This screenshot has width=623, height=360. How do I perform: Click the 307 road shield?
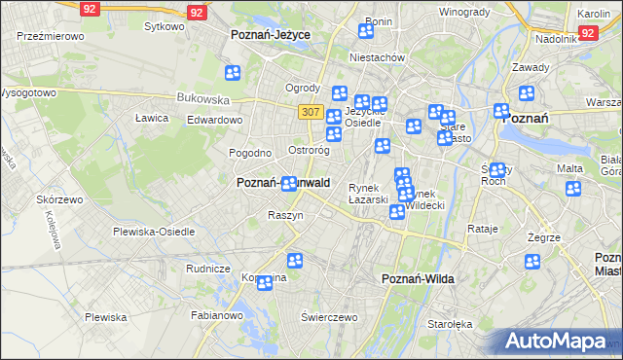pyautogui.click(x=311, y=112)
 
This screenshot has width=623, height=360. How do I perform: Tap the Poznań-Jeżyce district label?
pyautogui.click(x=271, y=34)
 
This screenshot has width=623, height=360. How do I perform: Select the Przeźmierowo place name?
pyautogui.click(x=51, y=35)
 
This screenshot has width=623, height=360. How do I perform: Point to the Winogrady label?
pyautogui.click(x=463, y=12)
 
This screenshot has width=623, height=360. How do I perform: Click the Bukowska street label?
pyautogui.click(x=202, y=98)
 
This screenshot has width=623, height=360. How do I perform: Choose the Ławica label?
pyautogui.click(x=152, y=118)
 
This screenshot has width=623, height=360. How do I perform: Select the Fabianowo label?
pyautogui.click(x=217, y=315)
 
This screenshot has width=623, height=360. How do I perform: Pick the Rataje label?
pyautogui.click(x=483, y=229)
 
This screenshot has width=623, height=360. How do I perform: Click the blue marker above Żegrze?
pyautogui.click(x=531, y=261)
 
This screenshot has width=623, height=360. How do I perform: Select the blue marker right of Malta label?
pyautogui.click(x=573, y=188)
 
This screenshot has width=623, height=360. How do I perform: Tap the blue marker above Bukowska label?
pyautogui.click(x=232, y=72)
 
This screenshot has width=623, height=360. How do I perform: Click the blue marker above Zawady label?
pyautogui.click(x=527, y=93)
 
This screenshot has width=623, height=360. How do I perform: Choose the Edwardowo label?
pyautogui.click(x=214, y=120)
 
